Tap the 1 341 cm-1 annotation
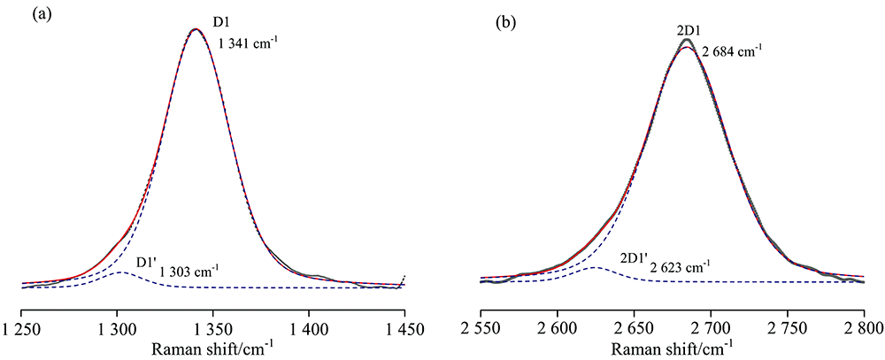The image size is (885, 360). [249, 41]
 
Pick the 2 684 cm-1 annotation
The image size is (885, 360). [732, 52]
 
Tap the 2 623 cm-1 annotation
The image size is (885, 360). [681, 266]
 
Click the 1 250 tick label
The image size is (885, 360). [20, 328]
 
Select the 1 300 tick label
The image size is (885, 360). [117, 328]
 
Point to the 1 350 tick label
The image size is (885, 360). [212, 328]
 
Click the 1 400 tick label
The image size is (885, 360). [308, 328]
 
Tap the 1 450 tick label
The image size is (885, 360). [404, 328]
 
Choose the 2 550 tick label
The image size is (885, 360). [481, 328]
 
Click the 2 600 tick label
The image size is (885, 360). [557, 328]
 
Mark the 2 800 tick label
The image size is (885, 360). [863, 328]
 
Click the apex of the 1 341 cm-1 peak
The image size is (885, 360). [196, 29]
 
